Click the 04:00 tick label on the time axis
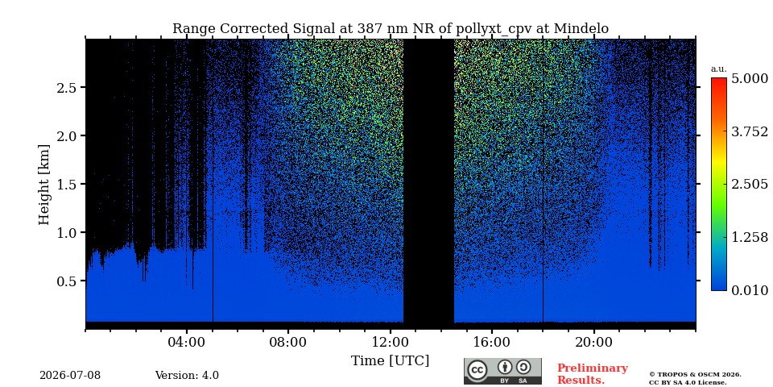[x=187, y=342]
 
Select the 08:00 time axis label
[x=288, y=342]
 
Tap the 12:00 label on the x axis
[x=391, y=342]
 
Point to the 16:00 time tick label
[x=492, y=342]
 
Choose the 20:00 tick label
[x=593, y=342]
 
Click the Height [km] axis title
[x=44, y=185]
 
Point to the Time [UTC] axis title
[x=390, y=361]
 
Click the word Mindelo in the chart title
[x=581, y=29]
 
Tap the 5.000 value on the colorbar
[x=750, y=79]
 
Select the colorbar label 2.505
[x=750, y=185]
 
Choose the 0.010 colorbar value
[x=750, y=290]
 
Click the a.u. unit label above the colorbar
[x=719, y=69]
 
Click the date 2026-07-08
[x=70, y=376]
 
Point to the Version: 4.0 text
[x=187, y=376]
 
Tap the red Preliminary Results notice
[x=593, y=374]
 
